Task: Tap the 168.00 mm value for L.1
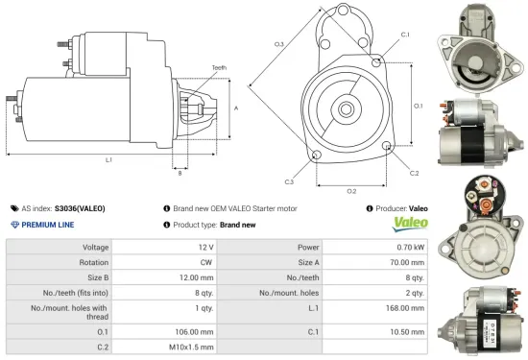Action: pyautogui.click(x=407, y=309)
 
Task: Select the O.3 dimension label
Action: pyautogui.click(x=279, y=44)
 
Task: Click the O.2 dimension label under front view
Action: pyautogui.click(x=351, y=190)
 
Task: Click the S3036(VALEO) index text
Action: pyautogui.click(x=80, y=207)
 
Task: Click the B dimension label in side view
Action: pyautogui.click(x=180, y=173)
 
